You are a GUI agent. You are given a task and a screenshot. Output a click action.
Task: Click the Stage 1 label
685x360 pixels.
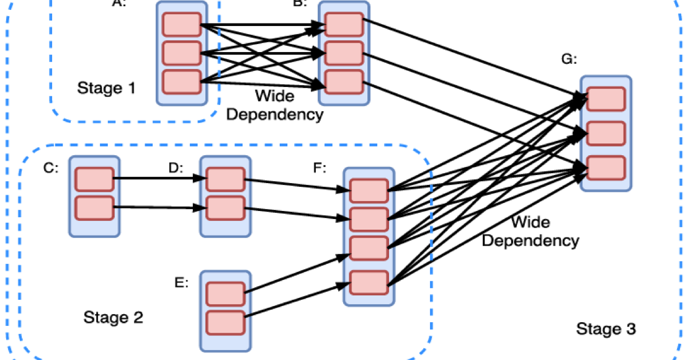point(106,88)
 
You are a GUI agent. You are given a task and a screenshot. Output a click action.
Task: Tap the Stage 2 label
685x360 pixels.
point(113,318)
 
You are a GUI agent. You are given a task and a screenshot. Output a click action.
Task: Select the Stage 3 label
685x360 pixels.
point(606,329)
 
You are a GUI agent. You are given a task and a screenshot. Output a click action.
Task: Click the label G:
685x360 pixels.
point(569,60)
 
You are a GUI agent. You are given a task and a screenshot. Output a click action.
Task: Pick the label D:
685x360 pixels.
point(177,168)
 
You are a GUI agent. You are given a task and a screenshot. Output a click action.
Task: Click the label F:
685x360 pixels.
point(320,168)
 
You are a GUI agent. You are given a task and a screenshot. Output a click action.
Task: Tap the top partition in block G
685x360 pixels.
point(606,99)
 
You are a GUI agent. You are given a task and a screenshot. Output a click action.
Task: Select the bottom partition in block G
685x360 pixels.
point(606,168)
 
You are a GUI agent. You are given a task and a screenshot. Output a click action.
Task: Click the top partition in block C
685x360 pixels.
point(94,179)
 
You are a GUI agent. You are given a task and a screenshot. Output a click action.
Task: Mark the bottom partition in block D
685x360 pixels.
point(225,208)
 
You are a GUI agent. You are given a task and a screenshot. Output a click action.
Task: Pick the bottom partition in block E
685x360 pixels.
point(225,322)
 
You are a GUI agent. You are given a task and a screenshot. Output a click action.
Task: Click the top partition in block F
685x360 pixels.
point(369,190)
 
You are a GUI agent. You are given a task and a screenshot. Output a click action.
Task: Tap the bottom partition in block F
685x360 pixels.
point(369,282)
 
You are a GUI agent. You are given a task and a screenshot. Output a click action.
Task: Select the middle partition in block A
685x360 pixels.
point(181,53)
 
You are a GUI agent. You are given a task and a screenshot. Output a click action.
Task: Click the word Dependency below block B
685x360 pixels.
point(274,114)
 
